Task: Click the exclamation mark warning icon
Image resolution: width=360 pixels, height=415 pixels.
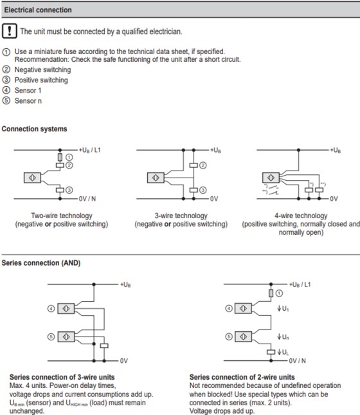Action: pyautogui.click(x=10, y=31)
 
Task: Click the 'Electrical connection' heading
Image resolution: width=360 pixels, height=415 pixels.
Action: pyautogui.click(x=38, y=10)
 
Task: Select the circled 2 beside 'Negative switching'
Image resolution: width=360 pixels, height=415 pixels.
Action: pyautogui.click(x=6, y=69)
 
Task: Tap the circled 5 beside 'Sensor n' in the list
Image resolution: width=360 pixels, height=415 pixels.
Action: pyautogui.click(x=6, y=100)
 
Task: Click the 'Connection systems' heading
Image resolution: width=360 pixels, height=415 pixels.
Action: pyautogui.click(x=34, y=129)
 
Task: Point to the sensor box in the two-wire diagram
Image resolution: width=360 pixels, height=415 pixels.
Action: pyautogui.click(x=32, y=178)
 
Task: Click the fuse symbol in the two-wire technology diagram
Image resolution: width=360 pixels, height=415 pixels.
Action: pyautogui.click(x=60, y=157)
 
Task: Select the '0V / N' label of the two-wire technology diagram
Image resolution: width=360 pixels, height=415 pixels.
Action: pyautogui.click(x=87, y=199)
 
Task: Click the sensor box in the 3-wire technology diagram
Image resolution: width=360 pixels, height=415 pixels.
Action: pyautogui.click(x=156, y=178)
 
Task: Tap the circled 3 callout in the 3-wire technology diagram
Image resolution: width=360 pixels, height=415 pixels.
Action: pyautogui.click(x=203, y=190)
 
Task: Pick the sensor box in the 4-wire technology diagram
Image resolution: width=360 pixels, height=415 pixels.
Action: pyautogui.click(x=271, y=178)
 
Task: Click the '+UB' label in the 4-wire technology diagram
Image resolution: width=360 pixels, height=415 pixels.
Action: pyautogui.click(x=336, y=151)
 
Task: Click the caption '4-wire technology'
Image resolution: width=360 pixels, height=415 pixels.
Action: pyautogui.click(x=301, y=216)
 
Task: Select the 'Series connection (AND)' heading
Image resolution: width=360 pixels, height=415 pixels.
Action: pyautogui.click(x=41, y=263)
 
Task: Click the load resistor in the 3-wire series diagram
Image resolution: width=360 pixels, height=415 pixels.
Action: pyautogui.click(x=104, y=346)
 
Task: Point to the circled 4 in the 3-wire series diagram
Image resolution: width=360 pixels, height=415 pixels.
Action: pyautogui.click(x=51, y=309)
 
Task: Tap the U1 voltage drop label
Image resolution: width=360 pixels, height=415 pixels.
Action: pyautogui.click(x=283, y=308)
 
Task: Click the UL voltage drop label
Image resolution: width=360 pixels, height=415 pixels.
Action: pyautogui.click(x=283, y=353)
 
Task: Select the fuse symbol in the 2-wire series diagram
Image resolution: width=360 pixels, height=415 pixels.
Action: pyautogui.click(x=271, y=293)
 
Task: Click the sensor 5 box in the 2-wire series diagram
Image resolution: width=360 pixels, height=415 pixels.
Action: pyautogui.click(x=243, y=337)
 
